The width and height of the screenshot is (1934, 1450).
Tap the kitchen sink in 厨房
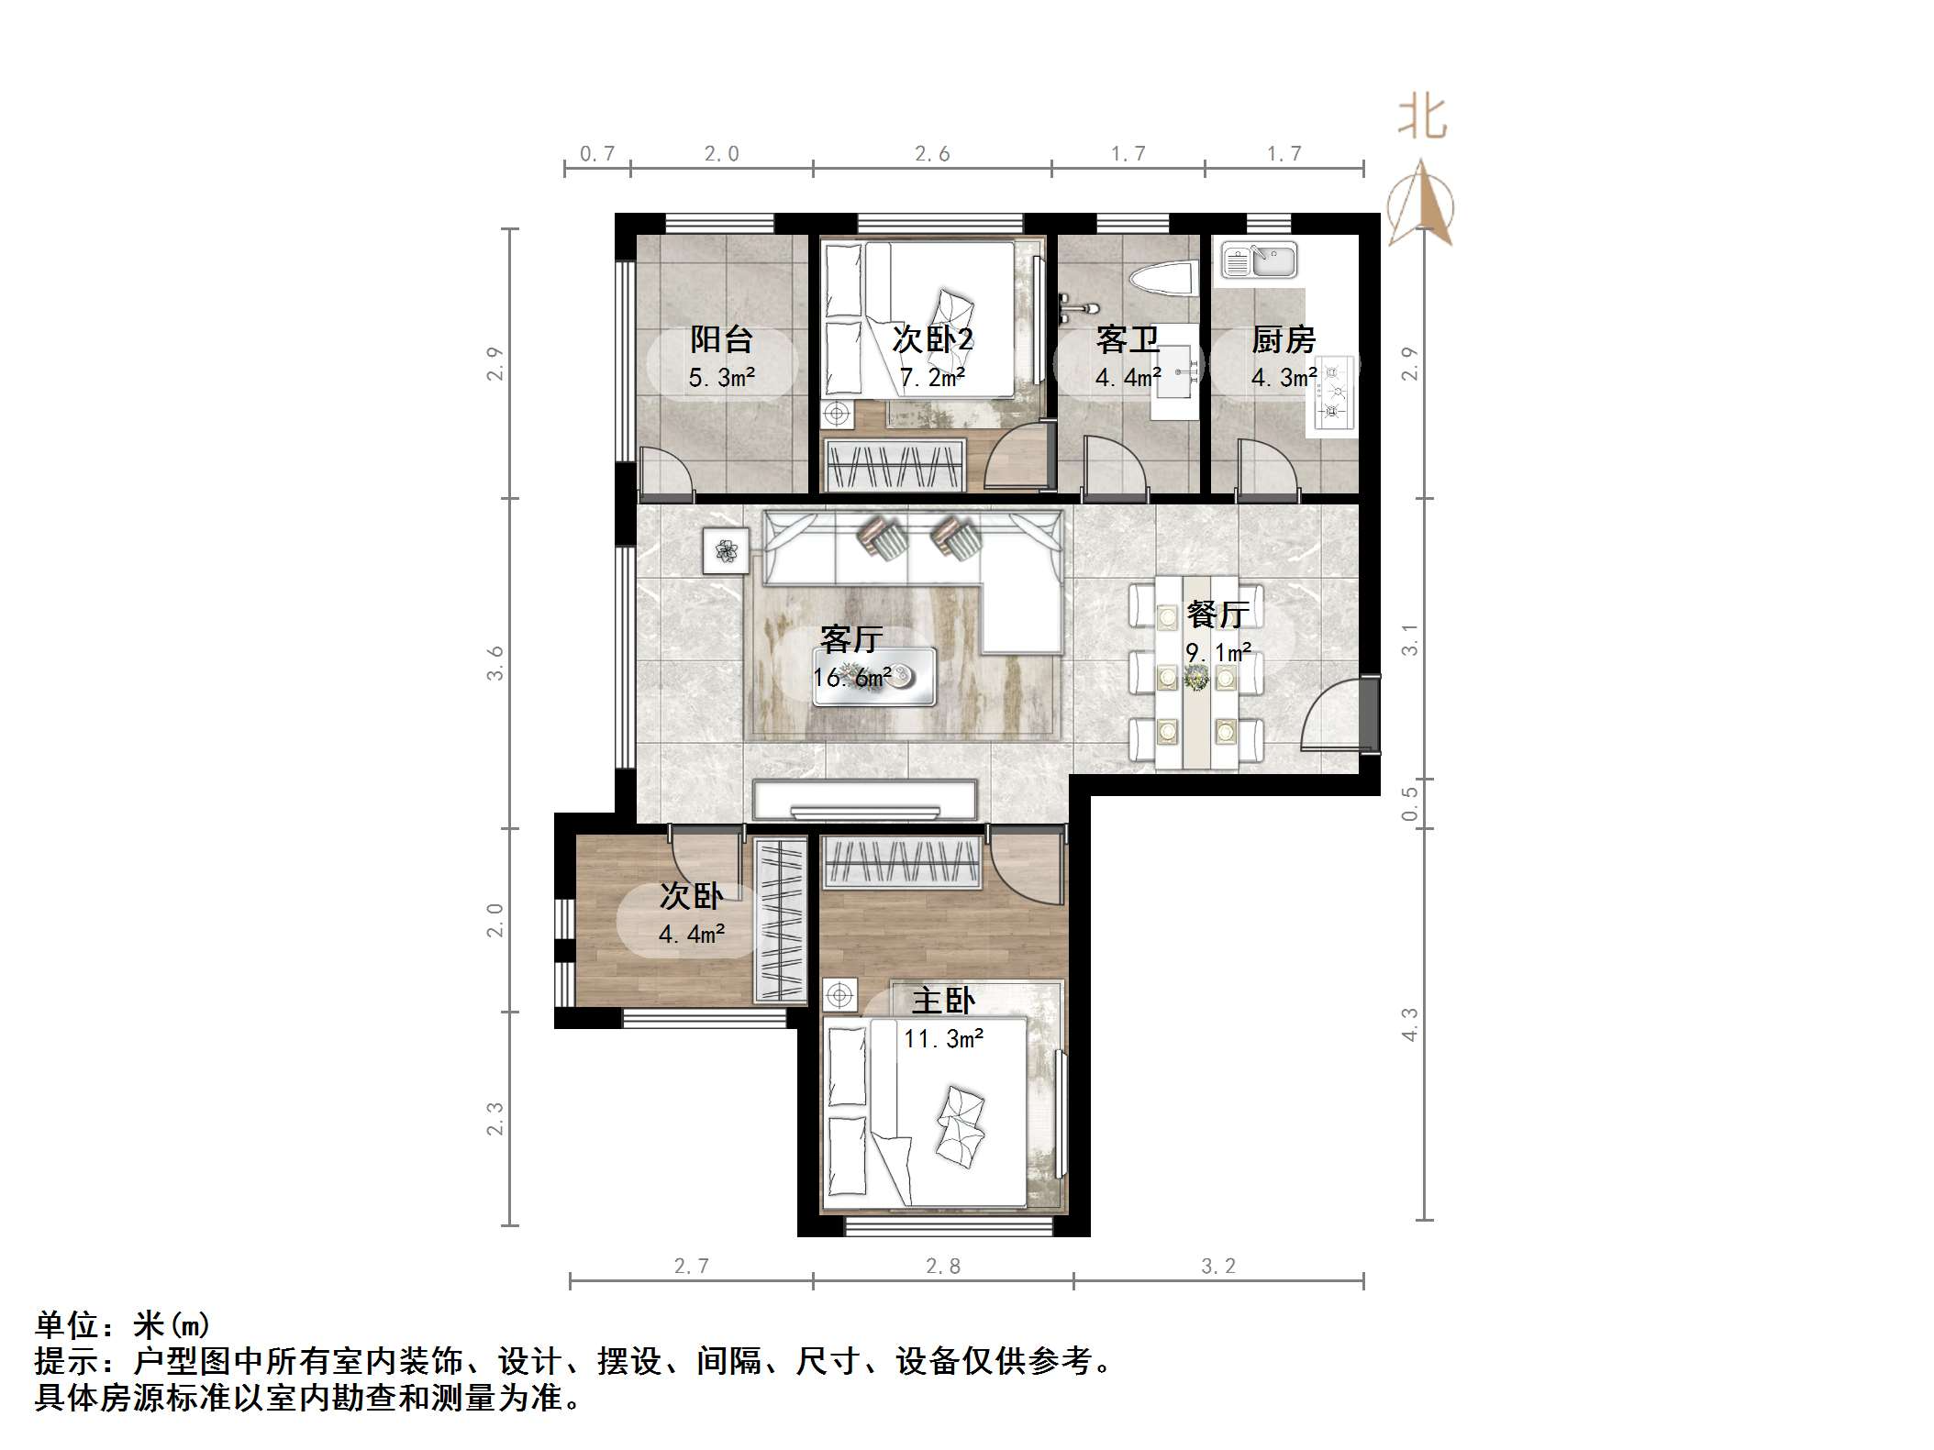coord(1259,260)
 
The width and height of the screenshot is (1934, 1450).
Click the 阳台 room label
coord(722,340)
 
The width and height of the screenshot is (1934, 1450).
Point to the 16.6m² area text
coord(851,678)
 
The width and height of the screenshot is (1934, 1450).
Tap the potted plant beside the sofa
coord(726,551)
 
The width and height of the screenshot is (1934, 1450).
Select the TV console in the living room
coord(864,800)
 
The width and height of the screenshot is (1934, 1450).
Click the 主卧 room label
coord(943,1001)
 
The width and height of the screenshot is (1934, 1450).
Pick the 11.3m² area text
coord(943,1039)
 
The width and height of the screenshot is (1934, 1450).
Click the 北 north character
coord(1422,118)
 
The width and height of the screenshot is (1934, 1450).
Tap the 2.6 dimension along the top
coord(932,154)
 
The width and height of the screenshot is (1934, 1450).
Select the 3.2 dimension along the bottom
coord(1218,1267)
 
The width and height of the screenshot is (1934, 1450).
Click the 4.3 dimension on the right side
coord(1410,1024)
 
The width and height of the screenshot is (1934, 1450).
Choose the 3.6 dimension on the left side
coord(495,663)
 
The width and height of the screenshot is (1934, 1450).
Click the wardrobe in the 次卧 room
coord(781,920)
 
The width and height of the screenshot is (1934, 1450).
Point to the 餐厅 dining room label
coord(1217,614)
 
